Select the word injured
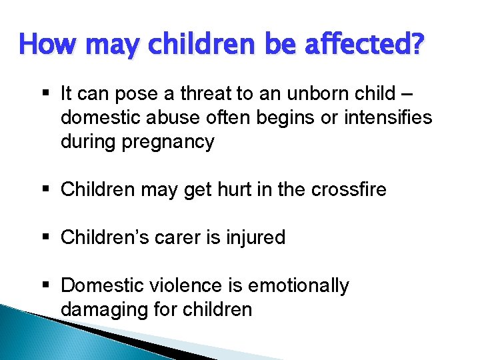pyautogui.click(x=257, y=238)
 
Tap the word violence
pyautogui.click(x=188, y=286)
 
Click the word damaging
pyautogui.click(x=101, y=310)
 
